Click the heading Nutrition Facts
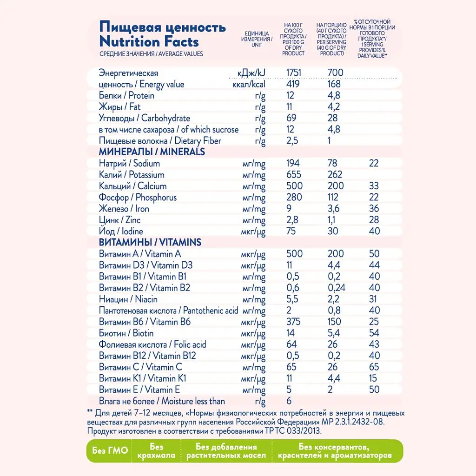click(x=149, y=41)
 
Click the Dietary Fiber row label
click(x=160, y=141)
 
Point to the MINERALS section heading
click(x=152, y=152)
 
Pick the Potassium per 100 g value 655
click(x=293, y=175)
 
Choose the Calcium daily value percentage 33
click(x=374, y=186)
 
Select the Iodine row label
click(x=121, y=231)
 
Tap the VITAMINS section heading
click(x=150, y=243)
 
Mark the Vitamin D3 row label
click(x=145, y=265)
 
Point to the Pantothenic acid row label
click(x=168, y=311)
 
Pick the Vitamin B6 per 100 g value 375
click(x=293, y=322)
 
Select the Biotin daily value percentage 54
click(x=374, y=333)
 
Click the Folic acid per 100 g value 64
click(x=292, y=344)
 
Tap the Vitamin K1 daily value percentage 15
click(x=374, y=378)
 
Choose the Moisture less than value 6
click(x=289, y=401)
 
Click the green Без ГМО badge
click(x=110, y=451)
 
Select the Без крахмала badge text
click(x=156, y=451)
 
